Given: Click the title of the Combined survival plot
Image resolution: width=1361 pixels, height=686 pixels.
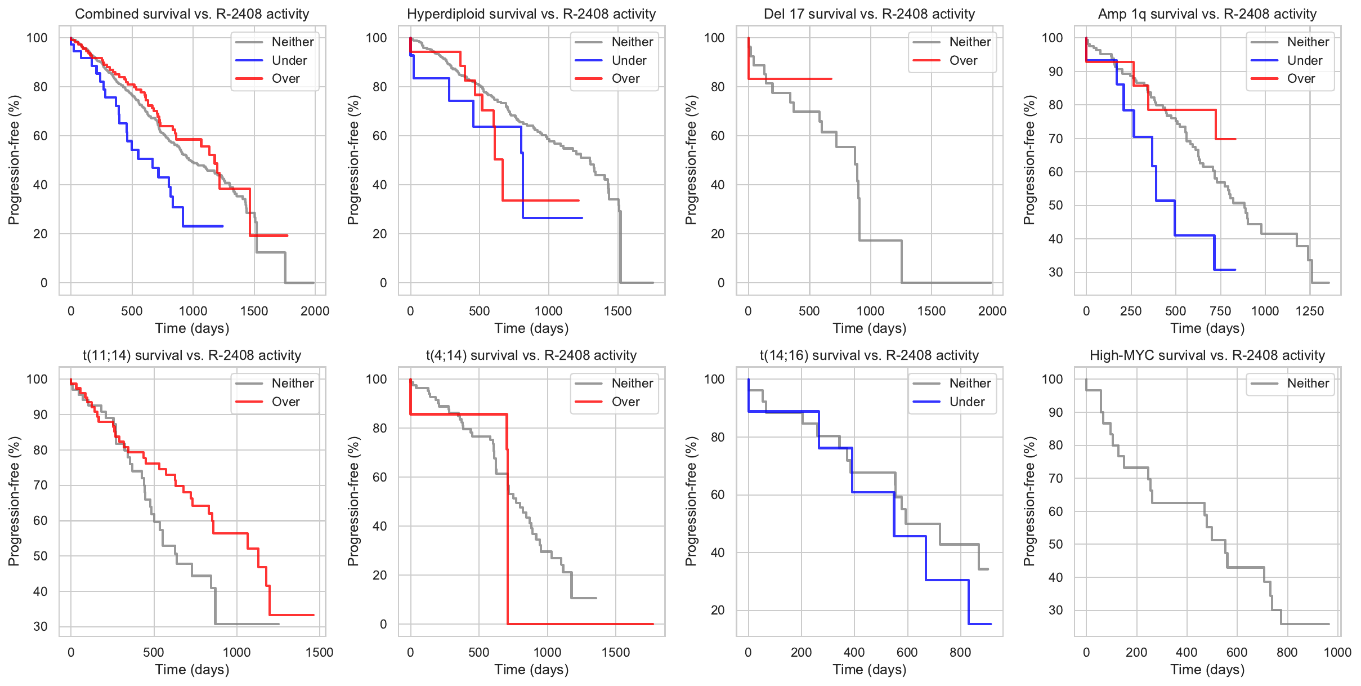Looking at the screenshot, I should point(192,14).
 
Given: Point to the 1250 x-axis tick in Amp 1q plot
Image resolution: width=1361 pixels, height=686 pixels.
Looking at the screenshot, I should point(1309,311).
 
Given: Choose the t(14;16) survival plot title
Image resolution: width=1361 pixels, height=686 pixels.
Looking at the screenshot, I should point(869,355).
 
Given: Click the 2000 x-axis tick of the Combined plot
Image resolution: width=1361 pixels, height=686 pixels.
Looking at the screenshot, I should point(315,311).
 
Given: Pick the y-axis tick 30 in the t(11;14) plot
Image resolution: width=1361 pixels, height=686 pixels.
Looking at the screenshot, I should point(40,626).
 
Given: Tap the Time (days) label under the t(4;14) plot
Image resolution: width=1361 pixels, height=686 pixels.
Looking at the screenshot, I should point(531,670).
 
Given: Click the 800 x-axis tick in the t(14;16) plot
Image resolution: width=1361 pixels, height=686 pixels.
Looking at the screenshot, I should point(960,652).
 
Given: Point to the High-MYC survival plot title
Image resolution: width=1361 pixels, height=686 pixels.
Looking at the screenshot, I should point(1207,355).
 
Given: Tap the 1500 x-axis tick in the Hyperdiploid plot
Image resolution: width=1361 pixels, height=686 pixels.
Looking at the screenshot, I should point(617,311).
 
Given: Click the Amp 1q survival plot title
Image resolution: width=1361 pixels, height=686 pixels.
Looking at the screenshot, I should point(1207,14).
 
